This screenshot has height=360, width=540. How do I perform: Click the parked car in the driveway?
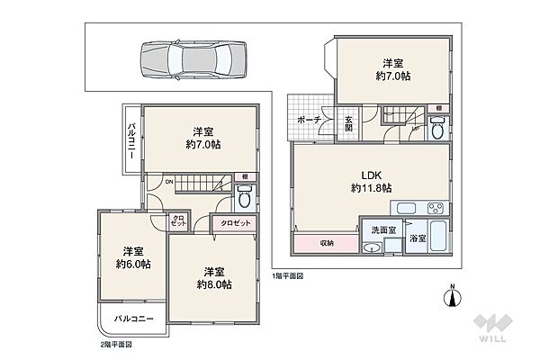click(x=192, y=61)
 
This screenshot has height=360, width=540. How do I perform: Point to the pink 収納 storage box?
click(x=325, y=243)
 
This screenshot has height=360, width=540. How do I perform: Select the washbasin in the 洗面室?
click(x=373, y=249)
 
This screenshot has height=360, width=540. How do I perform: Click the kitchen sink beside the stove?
click(x=406, y=207)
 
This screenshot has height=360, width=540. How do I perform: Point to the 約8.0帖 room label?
click(x=214, y=277)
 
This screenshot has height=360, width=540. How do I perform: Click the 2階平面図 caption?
click(x=116, y=344)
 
